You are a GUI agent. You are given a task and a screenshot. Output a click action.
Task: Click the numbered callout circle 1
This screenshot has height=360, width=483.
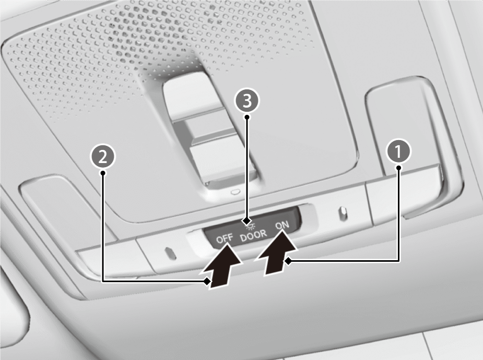398,151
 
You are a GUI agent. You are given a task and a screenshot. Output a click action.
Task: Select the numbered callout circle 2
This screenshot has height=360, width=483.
102,157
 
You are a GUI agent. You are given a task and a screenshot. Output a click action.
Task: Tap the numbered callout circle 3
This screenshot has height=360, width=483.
247,100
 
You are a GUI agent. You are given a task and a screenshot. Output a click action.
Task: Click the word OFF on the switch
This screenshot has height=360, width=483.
225,239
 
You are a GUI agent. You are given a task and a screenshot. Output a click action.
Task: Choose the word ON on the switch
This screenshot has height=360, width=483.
282,226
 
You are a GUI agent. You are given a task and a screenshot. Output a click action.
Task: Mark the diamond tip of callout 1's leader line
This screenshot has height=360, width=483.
288,261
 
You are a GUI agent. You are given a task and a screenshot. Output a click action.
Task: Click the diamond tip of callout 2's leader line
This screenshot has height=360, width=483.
207,281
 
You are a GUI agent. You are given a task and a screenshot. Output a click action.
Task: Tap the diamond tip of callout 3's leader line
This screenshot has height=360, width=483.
247,222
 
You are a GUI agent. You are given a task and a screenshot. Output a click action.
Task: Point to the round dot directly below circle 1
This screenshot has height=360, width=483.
399,168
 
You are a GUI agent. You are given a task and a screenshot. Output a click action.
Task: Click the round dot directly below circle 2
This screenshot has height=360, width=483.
103,173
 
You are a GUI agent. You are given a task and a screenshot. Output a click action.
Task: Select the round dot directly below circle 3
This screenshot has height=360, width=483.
247,117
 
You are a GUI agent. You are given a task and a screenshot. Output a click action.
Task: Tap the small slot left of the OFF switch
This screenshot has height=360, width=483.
170,253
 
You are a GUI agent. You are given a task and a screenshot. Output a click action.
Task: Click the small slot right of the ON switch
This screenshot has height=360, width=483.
343,213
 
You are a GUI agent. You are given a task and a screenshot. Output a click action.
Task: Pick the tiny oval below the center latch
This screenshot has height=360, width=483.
235,192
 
